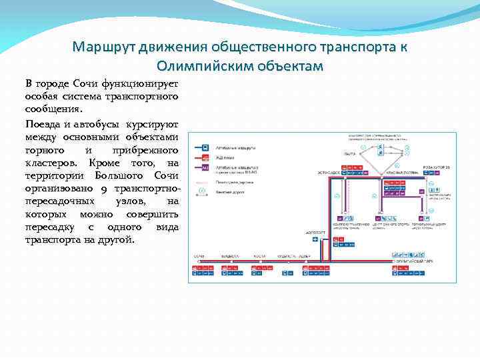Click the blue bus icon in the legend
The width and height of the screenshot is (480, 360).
[205, 147]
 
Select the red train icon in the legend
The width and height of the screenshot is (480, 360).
[205, 157]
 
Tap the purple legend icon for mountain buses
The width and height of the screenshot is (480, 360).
[205, 169]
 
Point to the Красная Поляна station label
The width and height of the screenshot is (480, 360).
[401, 172]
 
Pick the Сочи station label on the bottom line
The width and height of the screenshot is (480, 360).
[199, 256]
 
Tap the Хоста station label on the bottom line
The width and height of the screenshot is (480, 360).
[259, 256]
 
